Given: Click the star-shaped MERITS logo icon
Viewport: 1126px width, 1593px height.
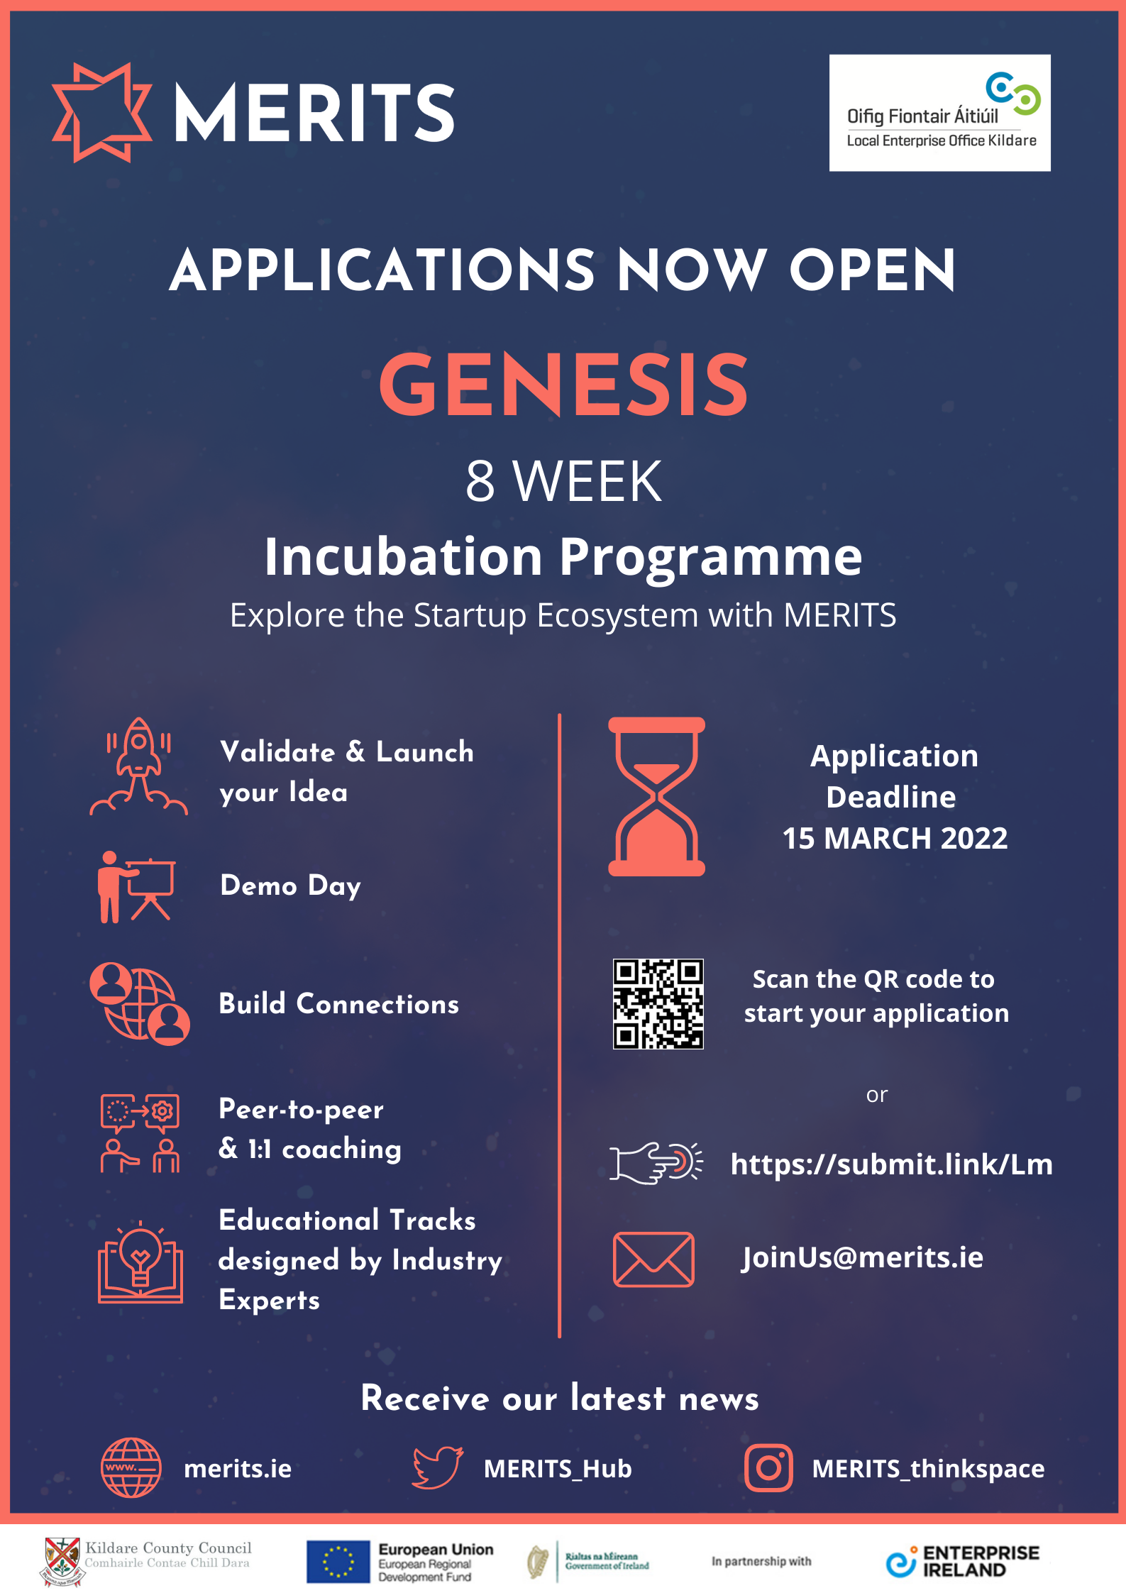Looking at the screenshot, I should pos(102,113).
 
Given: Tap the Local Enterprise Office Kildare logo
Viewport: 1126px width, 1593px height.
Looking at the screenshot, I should pos(939,113).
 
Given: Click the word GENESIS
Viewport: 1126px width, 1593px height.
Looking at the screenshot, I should pos(563,385).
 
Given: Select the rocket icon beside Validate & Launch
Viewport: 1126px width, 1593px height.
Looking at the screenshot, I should pos(139,767).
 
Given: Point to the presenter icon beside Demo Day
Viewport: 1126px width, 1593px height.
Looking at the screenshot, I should pos(136,887).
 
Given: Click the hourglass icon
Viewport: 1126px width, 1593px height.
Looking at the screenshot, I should pos(656,796).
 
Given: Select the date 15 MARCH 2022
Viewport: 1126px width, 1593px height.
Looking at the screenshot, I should pos(895,839).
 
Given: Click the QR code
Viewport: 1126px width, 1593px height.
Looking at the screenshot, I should pos(658,1003).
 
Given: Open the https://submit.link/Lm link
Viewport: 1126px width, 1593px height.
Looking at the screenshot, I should pos(891,1164).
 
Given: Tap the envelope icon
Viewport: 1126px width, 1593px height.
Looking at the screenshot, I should pos(653,1259).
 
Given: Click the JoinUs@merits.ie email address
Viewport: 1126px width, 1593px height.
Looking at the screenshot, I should pos(862,1257).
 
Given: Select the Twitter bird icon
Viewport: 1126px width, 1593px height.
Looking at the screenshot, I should pos(438,1467).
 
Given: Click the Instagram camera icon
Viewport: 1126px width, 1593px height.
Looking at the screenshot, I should pos(768,1468).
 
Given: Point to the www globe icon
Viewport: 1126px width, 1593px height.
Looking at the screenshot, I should pos(131,1467).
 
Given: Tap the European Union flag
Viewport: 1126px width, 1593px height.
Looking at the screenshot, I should pos(338,1561).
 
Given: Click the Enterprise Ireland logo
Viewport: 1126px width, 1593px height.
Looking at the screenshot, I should pos(962,1561).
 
